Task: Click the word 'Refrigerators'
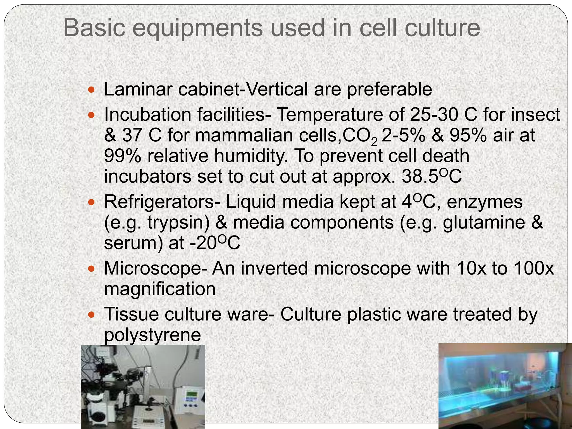(x=162, y=202)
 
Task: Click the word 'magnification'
(x=160, y=289)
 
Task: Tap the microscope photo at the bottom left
(x=143, y=387)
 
